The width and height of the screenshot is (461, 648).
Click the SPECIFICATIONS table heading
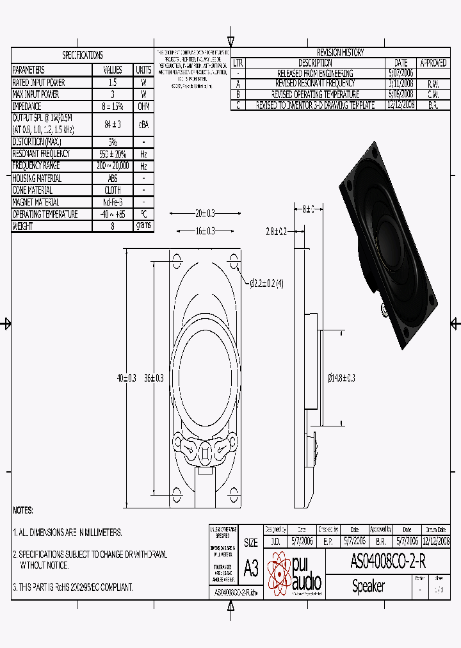82,56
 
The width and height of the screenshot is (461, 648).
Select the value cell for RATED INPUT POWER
112,83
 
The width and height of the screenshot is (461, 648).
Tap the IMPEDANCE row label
28,106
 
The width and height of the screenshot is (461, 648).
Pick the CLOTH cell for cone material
112,190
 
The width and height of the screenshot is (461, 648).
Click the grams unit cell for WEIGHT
143,226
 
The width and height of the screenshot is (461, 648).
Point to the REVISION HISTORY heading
340,53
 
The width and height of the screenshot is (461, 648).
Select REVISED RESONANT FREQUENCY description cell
314,83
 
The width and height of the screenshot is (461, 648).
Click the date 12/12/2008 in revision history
401,104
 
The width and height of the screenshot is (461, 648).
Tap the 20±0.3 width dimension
204,213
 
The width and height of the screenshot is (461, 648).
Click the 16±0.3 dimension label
204,231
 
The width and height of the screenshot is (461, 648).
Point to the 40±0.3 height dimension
127,378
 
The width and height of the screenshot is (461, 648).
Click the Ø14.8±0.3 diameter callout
341,378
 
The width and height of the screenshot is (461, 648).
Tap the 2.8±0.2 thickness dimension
276,231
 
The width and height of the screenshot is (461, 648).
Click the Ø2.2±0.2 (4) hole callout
266,282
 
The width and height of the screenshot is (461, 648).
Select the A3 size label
251,567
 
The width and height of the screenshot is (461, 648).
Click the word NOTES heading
24,510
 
